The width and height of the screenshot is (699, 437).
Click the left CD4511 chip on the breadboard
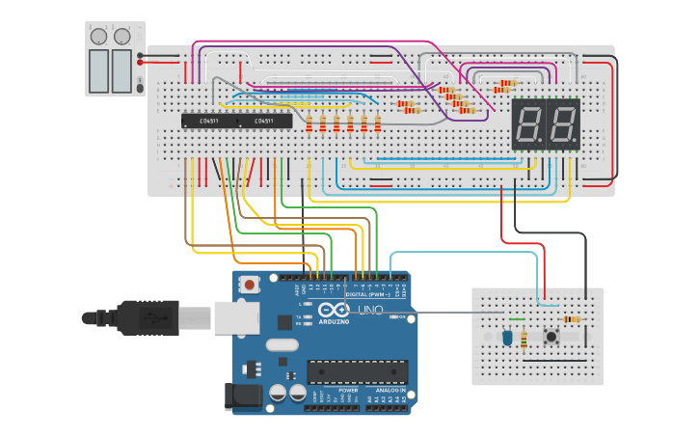click(x=208, y=121)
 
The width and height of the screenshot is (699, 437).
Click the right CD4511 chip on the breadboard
click(x=264, y=121)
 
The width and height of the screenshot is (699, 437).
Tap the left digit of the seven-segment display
click(x=528, y=123)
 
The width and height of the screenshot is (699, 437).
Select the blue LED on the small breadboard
click(x=507, y=338)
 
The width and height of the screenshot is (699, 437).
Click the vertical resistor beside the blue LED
click(x=524, y=339)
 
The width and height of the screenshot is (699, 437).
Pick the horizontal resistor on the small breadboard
click(x=572, y=319)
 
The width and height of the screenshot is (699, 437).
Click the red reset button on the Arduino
click(x=251, y=286)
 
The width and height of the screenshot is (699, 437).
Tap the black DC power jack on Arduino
click(x=241, y=396)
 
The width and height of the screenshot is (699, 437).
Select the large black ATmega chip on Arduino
click(x=357, y=371)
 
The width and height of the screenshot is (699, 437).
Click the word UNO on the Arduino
click(x=371, y=310)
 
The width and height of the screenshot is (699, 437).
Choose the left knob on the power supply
click(x=98, y=37)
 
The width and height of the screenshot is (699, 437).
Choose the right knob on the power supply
click(x=121, y=37)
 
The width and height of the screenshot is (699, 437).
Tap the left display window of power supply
click(x=98, y=69)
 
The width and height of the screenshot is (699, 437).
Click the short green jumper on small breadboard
click(x=517, y=319)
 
